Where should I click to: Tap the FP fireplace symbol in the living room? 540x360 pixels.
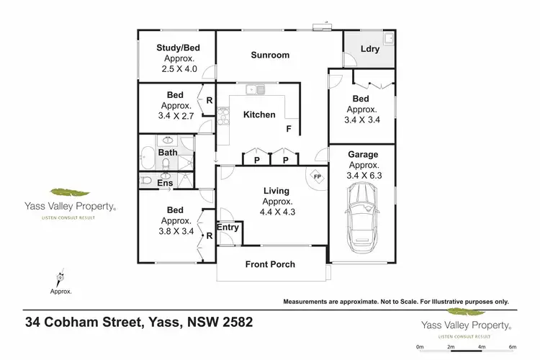315,175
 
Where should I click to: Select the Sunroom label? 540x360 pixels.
270,55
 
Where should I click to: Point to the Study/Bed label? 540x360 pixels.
177,48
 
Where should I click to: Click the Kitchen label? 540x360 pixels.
258,114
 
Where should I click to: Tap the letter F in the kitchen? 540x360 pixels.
289,130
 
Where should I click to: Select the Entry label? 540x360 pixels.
228,228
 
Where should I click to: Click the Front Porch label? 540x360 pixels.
270,264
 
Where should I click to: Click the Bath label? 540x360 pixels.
168,153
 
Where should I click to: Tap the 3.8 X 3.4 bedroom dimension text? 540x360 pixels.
175,231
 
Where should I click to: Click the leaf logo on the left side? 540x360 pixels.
69,193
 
